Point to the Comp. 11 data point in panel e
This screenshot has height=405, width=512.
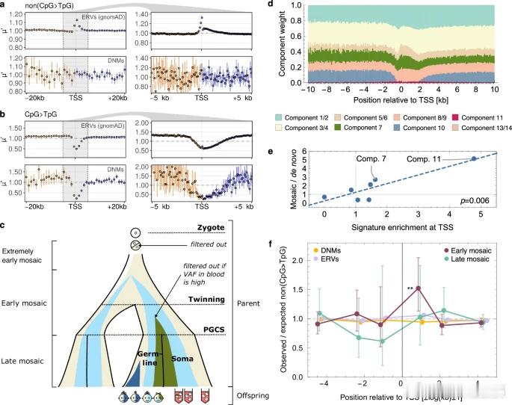click(x=473, y=158)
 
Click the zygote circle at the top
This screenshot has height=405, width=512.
click(x=135, y=232)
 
